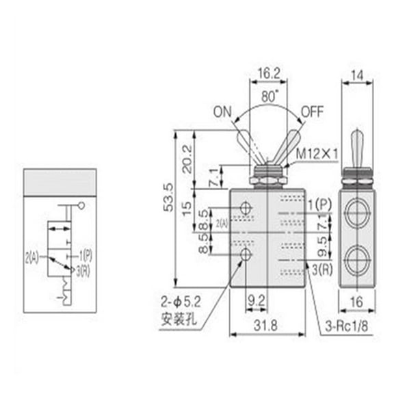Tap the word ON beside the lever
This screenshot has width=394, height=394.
(223, 111)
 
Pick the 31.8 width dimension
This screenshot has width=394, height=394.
(264, 327)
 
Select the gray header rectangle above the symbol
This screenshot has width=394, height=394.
(60, 181)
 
